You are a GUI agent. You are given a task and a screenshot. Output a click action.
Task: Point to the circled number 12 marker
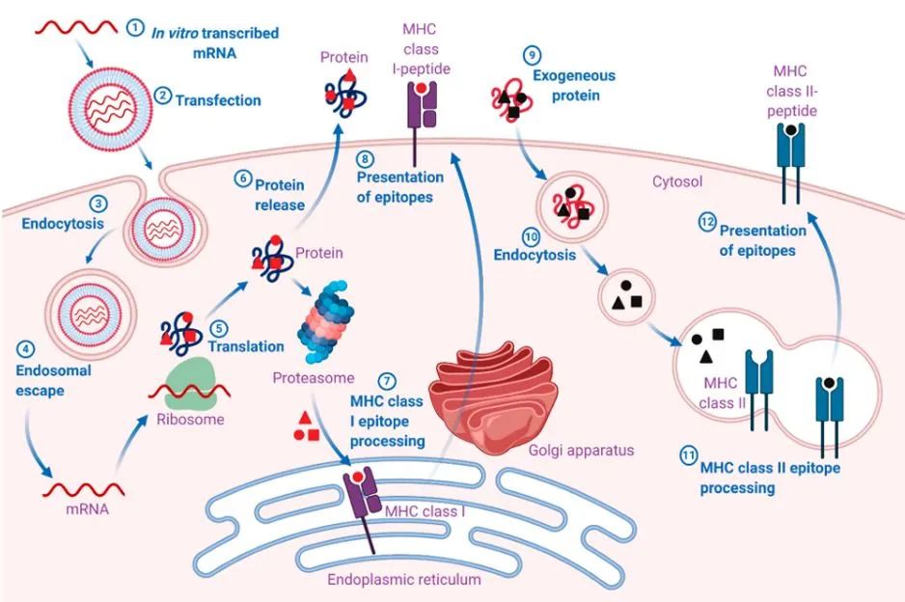coord(705,223)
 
